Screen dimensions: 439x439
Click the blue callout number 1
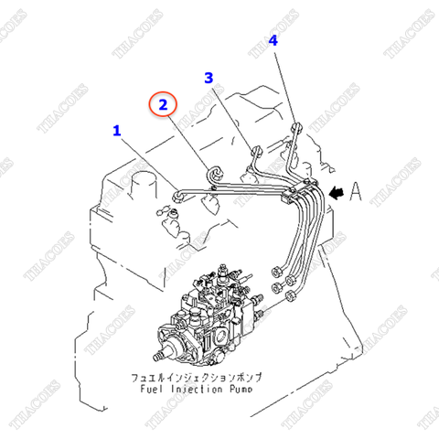[116, 131]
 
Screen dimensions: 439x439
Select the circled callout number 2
[162, 105]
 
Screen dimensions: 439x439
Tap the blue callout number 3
[209, 79]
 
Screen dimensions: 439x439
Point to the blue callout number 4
[273, 40]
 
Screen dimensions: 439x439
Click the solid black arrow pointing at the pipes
[338, 192]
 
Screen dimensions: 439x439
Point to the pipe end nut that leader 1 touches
[177, 192]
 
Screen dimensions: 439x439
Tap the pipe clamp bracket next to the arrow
[304, 192]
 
